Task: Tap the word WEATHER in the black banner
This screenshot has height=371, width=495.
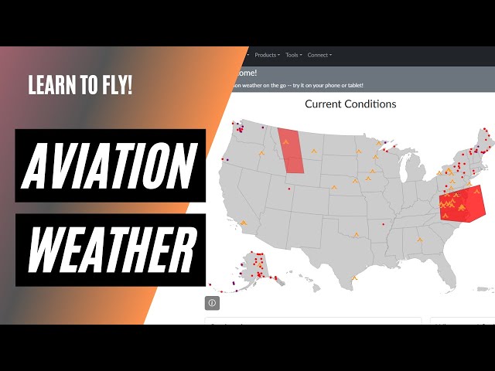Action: click(110, 249)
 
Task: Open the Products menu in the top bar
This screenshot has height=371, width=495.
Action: click(267, 55)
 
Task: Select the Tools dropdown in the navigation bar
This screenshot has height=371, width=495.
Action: click(293, 55)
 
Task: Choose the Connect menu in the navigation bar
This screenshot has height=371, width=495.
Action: click(319, 55)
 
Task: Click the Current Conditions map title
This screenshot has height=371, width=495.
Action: click(350, 104)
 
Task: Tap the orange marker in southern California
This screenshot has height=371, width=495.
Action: click(243, 223)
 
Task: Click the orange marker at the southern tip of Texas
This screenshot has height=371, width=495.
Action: click(353, 278)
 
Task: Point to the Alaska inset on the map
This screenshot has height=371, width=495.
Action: click(251, 267)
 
